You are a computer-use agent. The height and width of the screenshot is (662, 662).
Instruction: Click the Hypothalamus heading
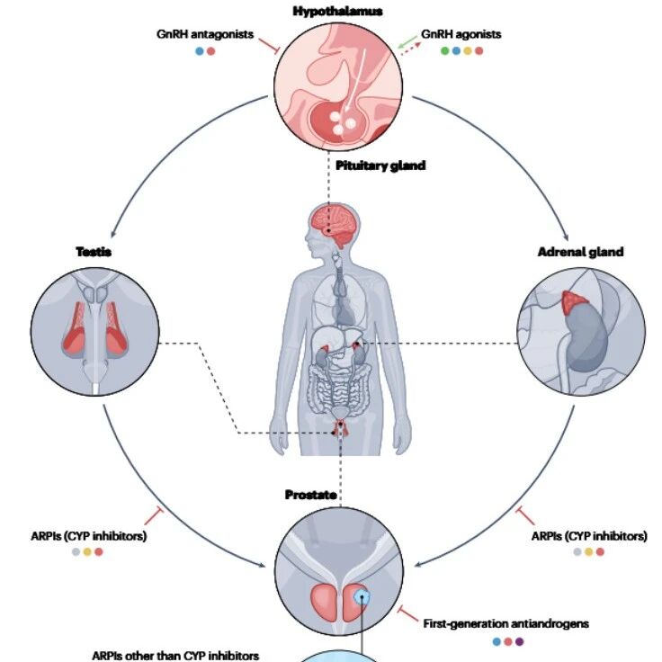click(x=338, y=11)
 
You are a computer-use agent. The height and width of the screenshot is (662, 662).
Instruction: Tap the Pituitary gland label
click(x=380, y=165)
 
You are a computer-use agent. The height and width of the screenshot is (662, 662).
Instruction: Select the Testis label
click(x=94, y=252)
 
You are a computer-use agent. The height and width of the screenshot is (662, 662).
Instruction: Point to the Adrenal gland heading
click(x=580, y=252)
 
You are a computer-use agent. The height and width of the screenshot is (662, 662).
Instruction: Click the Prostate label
click(x=310, y=495)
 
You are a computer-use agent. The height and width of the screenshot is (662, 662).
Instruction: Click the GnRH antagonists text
click(x=205, y=34)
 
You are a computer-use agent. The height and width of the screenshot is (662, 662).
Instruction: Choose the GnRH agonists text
click(x=461, y=34)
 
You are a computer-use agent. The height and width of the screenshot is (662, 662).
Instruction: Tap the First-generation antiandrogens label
click(x=505, y=623)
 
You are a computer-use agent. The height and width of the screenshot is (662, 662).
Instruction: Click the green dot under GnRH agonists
click(x=444, y=50)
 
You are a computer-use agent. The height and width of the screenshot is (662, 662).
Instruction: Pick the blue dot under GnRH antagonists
click(x=200, y=51)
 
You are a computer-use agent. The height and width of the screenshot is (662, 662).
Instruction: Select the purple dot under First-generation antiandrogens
click(x=519, y=641)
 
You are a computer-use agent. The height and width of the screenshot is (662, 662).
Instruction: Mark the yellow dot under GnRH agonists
click(x=468, y=50)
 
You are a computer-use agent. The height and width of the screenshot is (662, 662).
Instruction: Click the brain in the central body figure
click(x=334, y=225)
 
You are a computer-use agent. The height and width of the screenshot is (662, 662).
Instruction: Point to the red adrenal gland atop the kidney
click(x=574, y=301)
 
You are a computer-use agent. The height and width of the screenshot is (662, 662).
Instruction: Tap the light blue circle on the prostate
click(x=362, y=597)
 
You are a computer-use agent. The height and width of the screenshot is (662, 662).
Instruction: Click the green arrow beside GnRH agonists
click(x=407, y=41)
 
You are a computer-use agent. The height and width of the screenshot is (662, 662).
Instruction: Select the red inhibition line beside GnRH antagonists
click(x=269, y=46)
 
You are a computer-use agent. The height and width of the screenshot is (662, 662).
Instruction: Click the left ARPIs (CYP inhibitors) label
click(x=89, y=536)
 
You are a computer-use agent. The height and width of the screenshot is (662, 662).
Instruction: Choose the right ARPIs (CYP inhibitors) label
click(x=589, y=536)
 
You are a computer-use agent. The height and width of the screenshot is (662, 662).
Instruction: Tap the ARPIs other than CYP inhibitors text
click(x=175, y=655)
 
